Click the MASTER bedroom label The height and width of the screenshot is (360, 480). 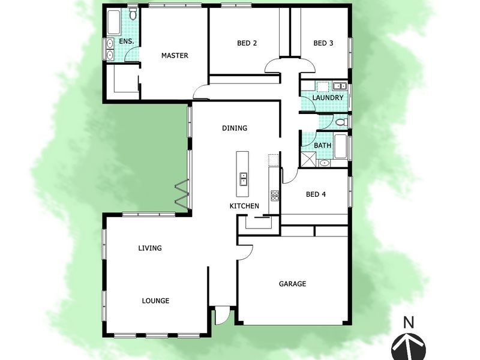175,56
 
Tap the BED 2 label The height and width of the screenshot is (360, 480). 247,43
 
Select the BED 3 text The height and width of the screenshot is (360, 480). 323,43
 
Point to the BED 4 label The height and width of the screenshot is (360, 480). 316,194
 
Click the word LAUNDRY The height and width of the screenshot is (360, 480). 328,98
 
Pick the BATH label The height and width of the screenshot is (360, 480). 322,145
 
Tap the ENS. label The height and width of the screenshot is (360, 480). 126,41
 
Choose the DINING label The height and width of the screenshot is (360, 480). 235,128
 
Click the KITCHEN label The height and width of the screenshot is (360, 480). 244,206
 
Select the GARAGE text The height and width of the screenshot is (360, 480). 293,284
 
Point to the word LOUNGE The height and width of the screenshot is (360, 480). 155,301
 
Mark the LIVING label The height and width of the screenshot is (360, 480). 150,248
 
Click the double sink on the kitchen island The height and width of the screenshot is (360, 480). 244,179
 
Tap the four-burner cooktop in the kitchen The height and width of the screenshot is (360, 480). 275,194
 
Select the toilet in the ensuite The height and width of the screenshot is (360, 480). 133,13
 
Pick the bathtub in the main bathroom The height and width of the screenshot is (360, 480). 340,146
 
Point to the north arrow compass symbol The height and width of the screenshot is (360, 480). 409,346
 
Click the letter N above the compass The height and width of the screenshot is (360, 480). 409,322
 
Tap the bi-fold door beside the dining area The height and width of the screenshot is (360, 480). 182,193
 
